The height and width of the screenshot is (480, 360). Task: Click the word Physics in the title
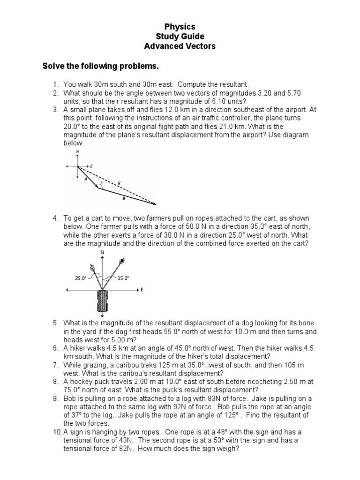[x=180, y=27]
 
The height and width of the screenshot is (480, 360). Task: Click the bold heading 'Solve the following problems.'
[x=101, y=67]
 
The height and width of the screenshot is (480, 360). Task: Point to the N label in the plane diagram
[x=77, y=152]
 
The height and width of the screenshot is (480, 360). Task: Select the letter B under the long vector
[x=123, y=199]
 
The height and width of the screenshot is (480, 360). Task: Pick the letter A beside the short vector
[x=85, y=179]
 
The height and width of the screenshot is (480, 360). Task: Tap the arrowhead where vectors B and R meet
[x=154, y=204]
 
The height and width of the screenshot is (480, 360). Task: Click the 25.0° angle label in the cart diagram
[x=81, y=278]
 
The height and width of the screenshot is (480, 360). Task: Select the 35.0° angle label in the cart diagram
[x=123, y=278]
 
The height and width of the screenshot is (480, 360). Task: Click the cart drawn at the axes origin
[x=102, y=302]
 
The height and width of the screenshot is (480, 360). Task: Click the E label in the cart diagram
[x=142, y=290]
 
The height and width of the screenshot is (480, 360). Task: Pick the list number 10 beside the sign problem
[x=57, y=432]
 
